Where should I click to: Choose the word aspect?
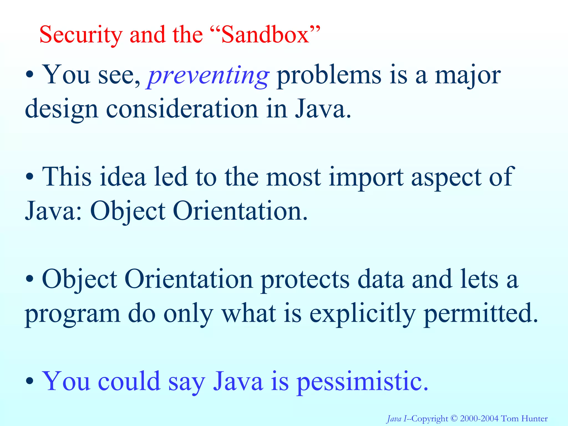point(446,178)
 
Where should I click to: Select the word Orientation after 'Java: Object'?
point(240,211)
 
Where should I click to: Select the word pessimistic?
point(362,382)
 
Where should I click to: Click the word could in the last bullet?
point(129,381)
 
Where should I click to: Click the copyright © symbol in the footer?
point(454,418)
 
